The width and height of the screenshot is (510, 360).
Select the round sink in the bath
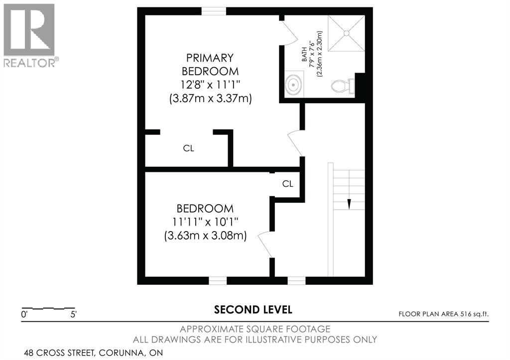click(x=294, y=85)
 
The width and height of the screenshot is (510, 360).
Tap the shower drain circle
click(x=347, y=33)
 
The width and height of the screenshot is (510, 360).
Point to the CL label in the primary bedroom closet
click(x=189, y=148)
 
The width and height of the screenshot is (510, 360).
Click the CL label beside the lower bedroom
click(x=288, y=184)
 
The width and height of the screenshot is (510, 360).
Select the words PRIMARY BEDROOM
click(x=210, y=64)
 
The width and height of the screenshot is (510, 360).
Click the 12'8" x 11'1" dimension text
click(x=211, y=85)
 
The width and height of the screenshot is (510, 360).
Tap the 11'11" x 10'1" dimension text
click(x=205, y=222)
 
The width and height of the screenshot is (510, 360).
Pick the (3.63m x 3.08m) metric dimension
click(x=206, y=236)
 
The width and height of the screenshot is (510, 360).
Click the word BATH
click(x=304, y=54)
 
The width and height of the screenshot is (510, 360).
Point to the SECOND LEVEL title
click(x=253, y=310)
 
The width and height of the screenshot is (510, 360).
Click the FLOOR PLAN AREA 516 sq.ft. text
click(x=444, y=314)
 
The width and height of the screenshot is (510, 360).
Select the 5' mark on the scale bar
click(x=74, y=315)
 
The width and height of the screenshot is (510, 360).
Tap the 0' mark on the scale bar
click(x=24, y=315)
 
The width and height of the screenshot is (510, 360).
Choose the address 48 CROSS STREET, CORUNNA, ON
click(x=93, y=353)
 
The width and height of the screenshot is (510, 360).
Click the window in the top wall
click(x=214, y=11)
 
